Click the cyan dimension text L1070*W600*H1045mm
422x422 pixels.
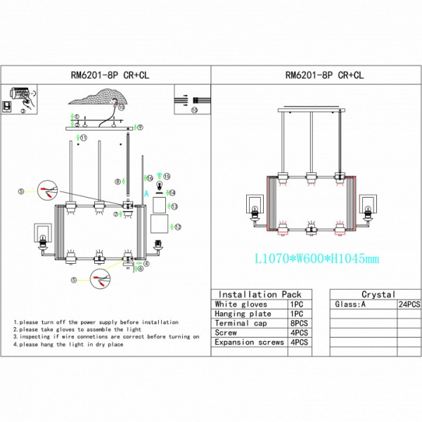tap(316, 259)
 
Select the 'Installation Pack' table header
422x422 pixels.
tap(260, 295)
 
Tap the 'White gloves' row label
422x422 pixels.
tap(241, 304)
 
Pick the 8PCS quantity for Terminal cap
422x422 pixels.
tap(297, 323)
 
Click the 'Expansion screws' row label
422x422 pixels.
tap(249, 342)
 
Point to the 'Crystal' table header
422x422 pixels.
tap(378, 295)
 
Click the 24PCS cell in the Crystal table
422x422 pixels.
tap(409, 305)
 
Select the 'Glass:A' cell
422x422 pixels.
tap(350, 305)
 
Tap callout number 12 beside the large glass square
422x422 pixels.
tap(178, 226)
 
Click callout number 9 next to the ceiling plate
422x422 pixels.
tap(140, 127)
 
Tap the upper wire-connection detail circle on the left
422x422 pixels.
tap(46, 191)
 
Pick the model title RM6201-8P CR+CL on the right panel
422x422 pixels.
tap(316, 74)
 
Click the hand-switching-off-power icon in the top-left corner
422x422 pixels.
tap(20, 93)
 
